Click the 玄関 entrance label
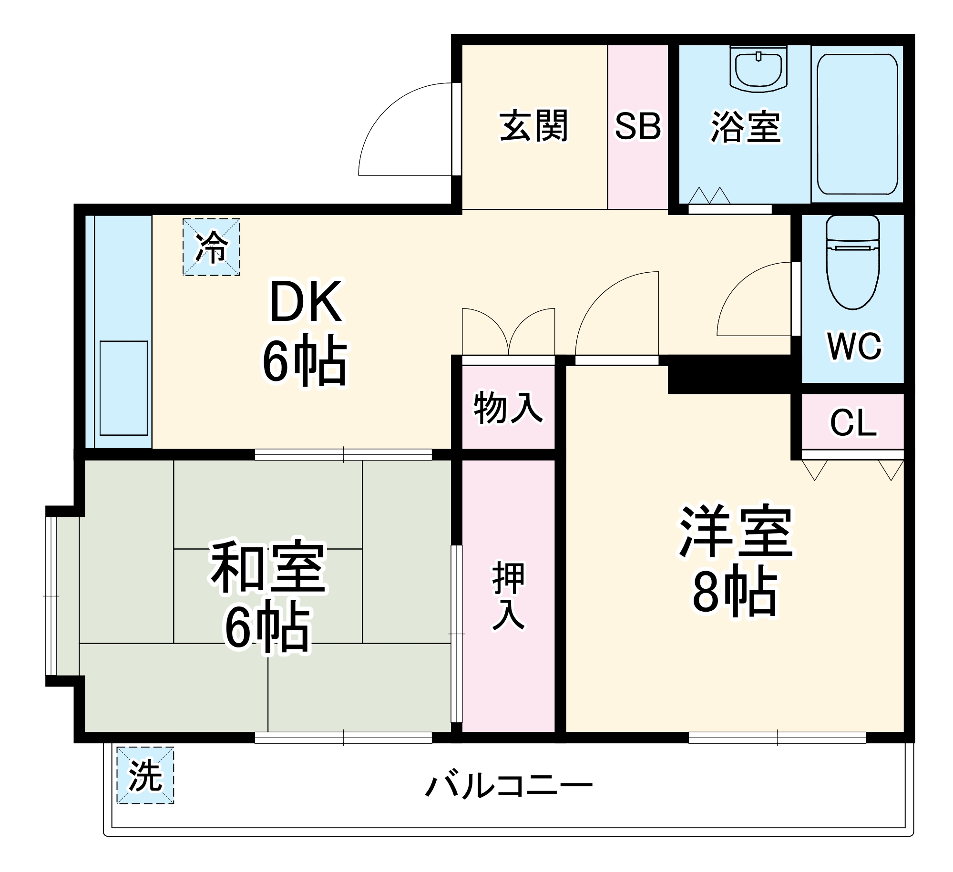coord(533,126)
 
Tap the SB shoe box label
coord(637,126)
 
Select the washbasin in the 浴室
coord(758,69)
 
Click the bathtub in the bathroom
coord(857,124)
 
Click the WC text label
coord(854,347)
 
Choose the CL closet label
coord(853,422)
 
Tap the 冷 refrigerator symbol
coord(211,247)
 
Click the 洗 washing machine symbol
coord(145,775)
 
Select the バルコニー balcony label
coord(508,786)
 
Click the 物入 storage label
coord(508,407)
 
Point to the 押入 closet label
coord(508,596)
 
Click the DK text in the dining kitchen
coord(305,302)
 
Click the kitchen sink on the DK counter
coord(123,388)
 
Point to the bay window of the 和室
coord(51,596)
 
